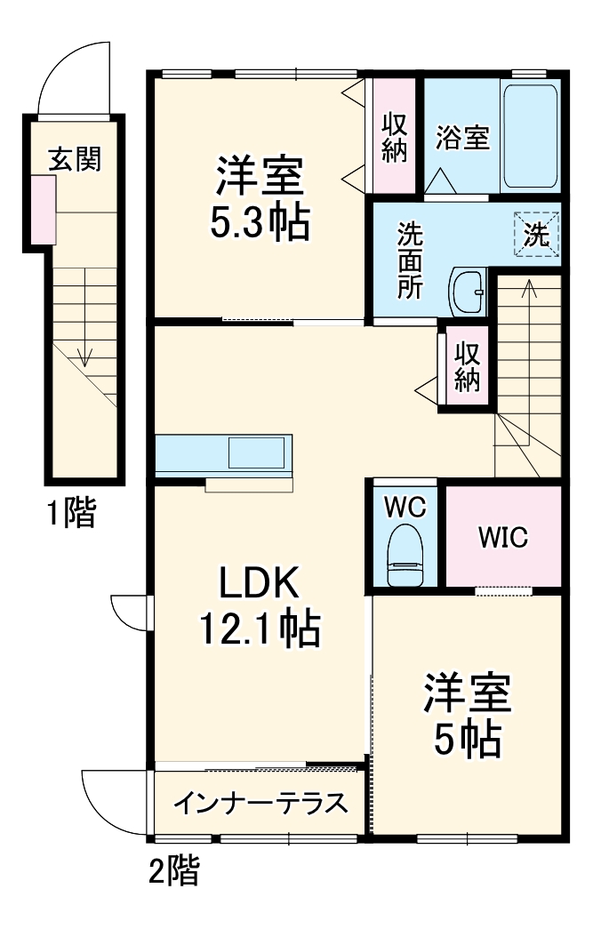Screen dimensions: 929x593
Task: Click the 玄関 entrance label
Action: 75,159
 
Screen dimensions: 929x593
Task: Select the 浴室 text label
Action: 462,138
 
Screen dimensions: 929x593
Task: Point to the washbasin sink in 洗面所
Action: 467,290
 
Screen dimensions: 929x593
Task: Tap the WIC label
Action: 502,538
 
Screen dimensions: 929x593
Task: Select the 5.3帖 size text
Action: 260,223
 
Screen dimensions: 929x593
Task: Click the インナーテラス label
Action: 259,804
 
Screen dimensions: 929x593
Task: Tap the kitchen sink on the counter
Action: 256,452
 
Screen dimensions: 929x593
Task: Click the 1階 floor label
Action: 71,513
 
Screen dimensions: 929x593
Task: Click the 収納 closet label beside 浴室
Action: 394,137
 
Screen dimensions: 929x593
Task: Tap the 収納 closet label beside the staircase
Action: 468,366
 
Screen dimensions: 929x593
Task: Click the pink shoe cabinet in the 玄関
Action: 44,210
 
